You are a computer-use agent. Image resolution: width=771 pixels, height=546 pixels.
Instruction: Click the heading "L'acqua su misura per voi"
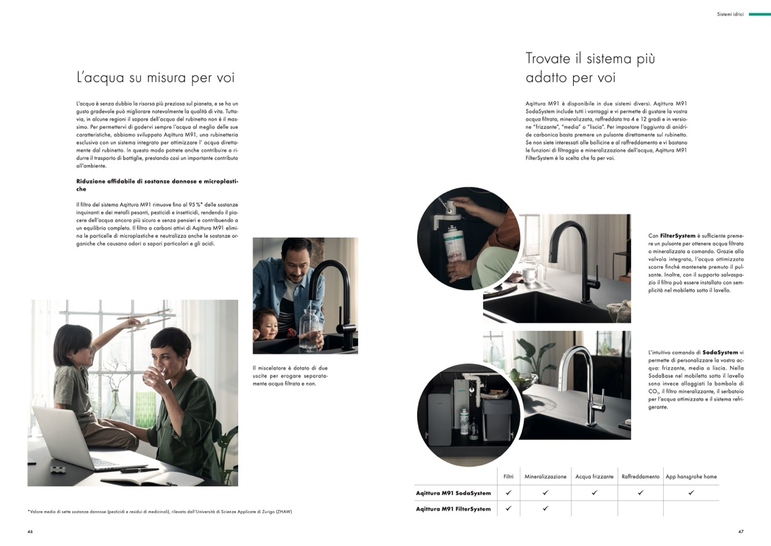coord(156,77)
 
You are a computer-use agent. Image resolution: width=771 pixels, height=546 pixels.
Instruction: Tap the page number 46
coord(30,532)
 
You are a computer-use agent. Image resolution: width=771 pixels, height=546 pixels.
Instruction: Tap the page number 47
coord(741,532)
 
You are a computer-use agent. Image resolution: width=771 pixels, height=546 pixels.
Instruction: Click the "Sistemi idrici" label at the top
coord(731,14)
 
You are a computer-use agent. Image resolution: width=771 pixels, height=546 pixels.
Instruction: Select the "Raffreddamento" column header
coord(640,477)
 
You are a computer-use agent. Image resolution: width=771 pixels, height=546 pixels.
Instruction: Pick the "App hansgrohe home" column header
coord(691,477)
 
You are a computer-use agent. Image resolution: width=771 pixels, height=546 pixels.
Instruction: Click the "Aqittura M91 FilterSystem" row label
coord(453,509)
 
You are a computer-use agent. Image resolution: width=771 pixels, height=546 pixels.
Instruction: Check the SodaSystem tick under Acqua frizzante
coord(594,492)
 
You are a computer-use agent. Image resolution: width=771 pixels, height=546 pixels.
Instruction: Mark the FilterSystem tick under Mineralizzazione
coord(545,508)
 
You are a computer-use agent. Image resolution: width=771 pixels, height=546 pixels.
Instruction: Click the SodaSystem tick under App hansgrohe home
coord(691,492)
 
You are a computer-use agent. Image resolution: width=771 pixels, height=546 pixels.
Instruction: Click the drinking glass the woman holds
coord(153,374)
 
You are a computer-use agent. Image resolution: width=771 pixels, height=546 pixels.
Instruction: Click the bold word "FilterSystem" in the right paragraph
coord(677,236)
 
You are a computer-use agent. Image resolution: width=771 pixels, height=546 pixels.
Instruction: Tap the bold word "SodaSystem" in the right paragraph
coord(720,352)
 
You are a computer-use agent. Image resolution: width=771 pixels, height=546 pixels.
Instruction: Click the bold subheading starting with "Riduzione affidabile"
coord(157,185)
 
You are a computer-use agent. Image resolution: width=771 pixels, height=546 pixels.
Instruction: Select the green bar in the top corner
coord(760,14)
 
